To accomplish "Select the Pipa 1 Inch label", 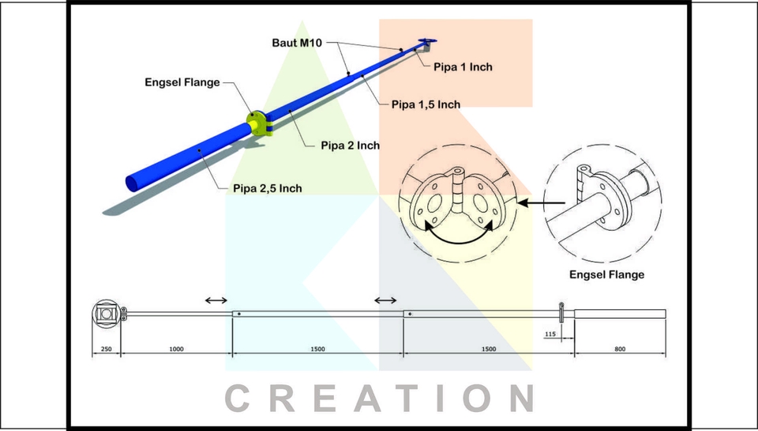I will tap(463, 67).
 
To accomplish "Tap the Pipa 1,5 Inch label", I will tap(426, 104).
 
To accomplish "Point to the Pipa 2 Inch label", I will tap(350, 146).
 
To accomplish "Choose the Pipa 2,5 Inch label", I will tap(267, 188).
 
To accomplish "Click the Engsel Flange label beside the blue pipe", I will tap(182, 82).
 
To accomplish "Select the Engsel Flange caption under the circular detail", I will tap(606, 275).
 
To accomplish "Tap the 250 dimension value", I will tap(106, 349).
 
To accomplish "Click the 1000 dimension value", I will tap(176, 349).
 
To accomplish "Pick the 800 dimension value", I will tap(620, 349).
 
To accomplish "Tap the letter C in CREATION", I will tap(243, 398).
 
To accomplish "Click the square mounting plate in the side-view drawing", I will tap(106, 313).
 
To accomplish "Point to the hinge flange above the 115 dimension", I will tap(561, 312).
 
